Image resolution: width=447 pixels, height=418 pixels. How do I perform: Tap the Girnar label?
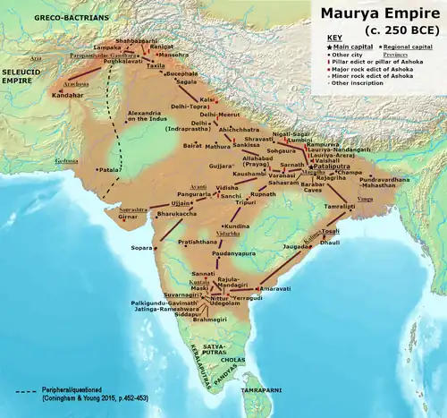[130, 217]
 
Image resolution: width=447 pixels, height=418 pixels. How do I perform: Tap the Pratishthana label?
[198, 242]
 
